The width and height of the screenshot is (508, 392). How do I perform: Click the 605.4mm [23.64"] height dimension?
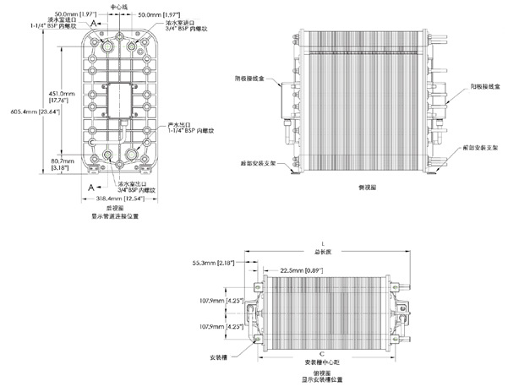(x=33, y=111)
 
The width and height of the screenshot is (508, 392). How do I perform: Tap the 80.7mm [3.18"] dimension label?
(x=63, y=163)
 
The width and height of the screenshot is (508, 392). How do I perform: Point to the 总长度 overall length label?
(x=322, y=251)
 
